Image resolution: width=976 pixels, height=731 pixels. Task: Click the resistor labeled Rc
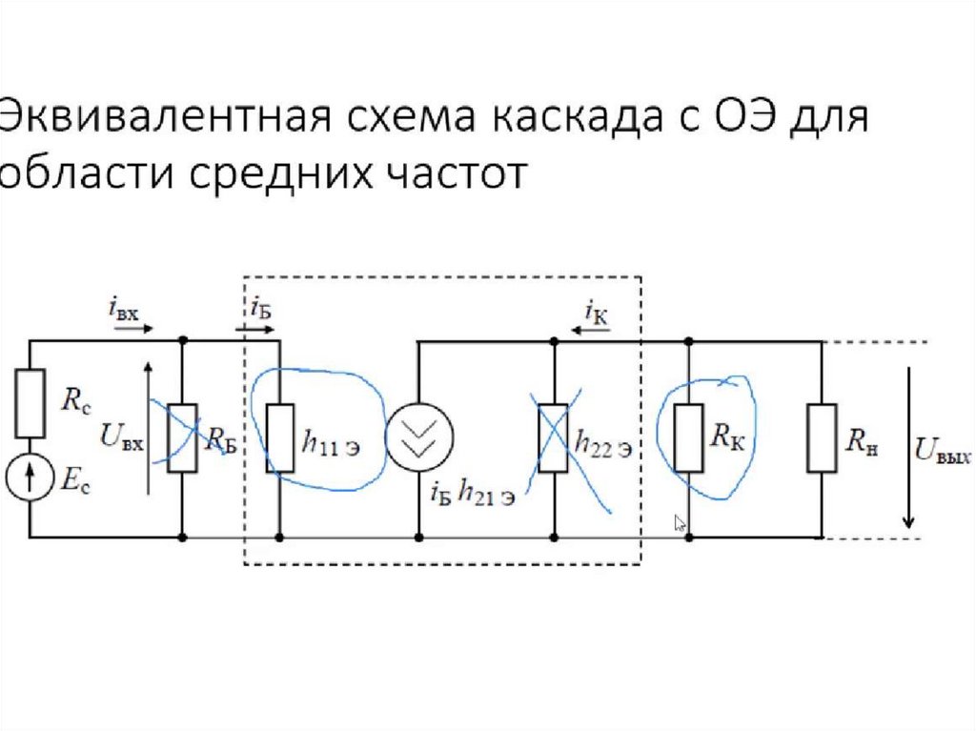point(30,403)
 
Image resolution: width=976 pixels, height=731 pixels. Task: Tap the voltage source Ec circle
point(30,477)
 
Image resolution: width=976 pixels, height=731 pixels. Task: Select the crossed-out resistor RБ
point(182,438)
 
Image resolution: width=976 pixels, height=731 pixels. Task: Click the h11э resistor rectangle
point(280,438)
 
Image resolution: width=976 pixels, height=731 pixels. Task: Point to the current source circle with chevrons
point(419,437)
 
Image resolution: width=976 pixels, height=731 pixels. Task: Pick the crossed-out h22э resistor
point(554,438)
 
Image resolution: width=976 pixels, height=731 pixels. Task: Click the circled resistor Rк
point(689,438)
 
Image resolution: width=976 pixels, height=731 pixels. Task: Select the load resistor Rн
point(822,438)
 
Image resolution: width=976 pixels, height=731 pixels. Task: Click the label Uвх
point(122,437)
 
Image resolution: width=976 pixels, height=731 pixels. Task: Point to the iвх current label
point(123,309)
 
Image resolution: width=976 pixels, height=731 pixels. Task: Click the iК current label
point(597,312)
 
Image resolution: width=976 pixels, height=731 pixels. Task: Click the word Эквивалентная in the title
point(166,116)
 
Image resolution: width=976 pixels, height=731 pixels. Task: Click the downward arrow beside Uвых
point(908,448)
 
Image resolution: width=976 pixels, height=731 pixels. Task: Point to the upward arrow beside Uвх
point(148,428)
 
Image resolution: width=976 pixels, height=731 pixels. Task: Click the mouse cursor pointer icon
point(680,523)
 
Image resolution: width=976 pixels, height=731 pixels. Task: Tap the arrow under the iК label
point(591,330)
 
